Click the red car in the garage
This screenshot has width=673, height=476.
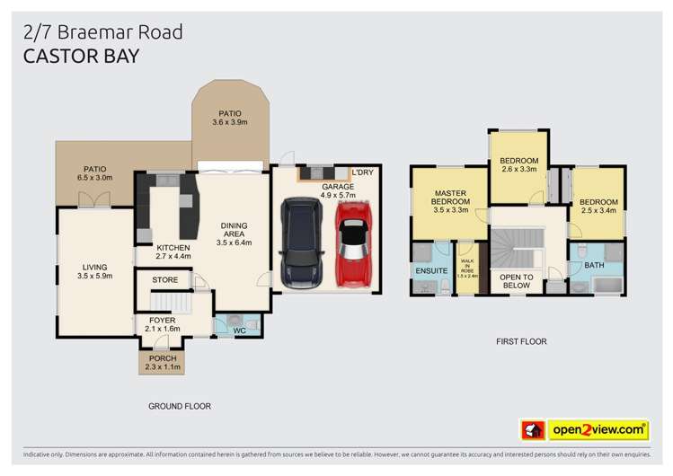[351, 243]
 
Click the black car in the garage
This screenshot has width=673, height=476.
[299, 243]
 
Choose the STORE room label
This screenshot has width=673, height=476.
[164, 280]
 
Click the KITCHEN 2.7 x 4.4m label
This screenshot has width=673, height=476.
[173, 252]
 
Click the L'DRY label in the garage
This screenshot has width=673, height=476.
[362, 172]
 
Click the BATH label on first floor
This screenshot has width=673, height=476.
[594, 266]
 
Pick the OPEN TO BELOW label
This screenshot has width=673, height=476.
[517, 280]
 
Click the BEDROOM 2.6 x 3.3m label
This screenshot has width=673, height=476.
[518, 165]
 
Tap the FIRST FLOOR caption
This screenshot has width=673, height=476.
[521, 341]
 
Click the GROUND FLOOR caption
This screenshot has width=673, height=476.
[179, 406]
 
